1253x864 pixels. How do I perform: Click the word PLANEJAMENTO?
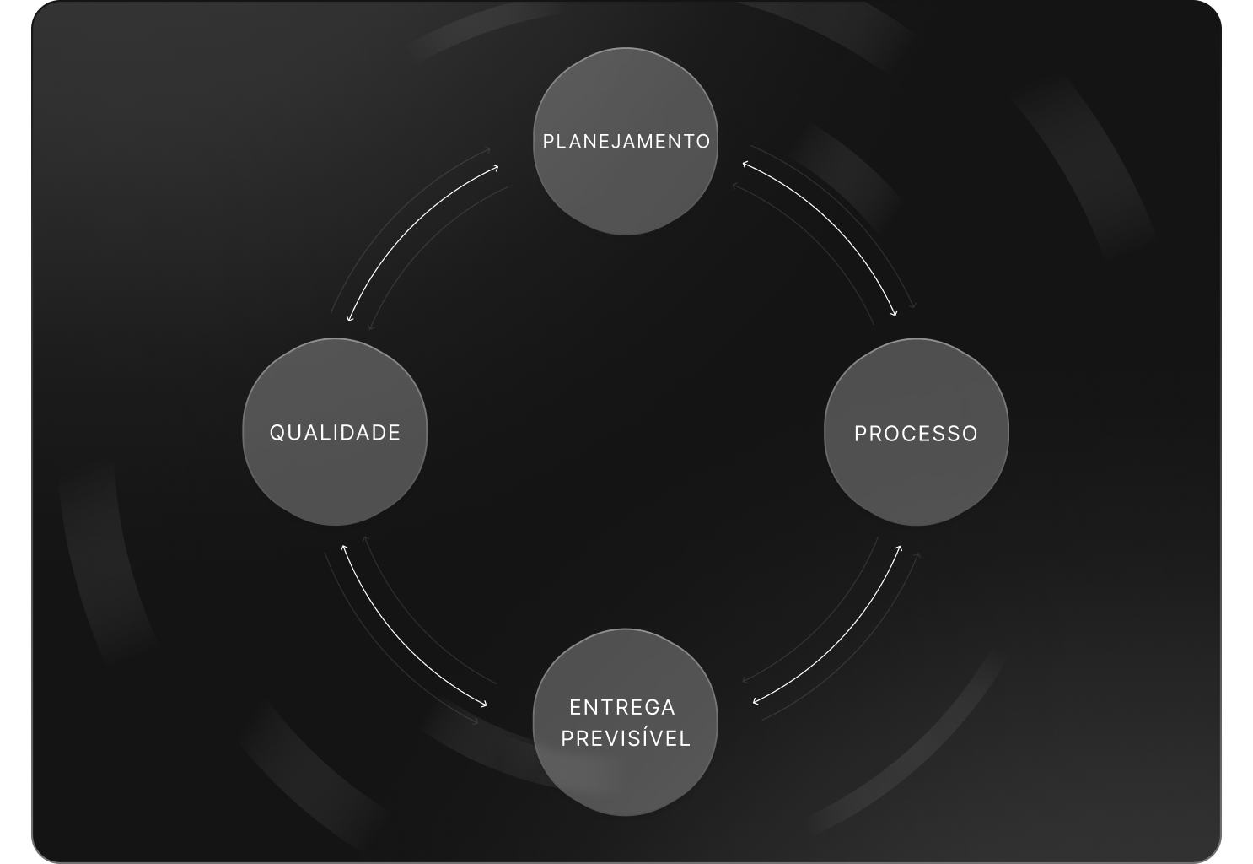(x=626, y=141)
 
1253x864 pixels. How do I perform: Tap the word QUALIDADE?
(x=335, y=433)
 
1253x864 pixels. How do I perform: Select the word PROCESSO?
(x=916, y=434)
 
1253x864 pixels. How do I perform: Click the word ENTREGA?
(x=622, y=707)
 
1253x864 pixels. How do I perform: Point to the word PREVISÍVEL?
(x=626, y=738)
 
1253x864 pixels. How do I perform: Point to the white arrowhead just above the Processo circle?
(x=895, y=315)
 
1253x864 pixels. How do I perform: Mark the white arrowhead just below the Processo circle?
(x=900, y=548)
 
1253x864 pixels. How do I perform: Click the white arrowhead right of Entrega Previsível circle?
(x=755, y=700)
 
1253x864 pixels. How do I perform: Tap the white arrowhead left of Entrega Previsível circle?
(x=486, y=705)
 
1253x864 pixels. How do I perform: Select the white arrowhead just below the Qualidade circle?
(x=342, y=548)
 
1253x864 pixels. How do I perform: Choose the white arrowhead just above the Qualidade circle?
(x=349, y=318)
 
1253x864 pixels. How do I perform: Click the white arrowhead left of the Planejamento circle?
(x=496, y=167)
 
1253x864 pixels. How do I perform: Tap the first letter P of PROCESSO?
(x=860, y=434)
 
